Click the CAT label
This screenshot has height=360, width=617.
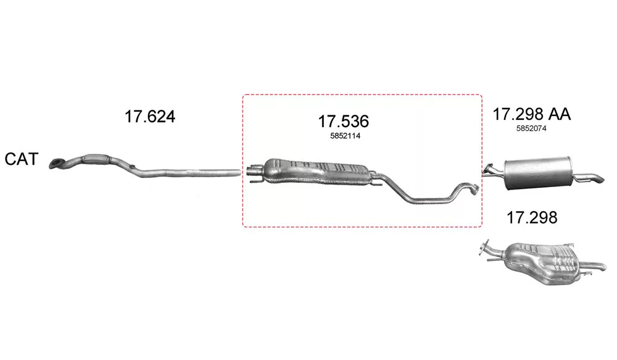[21, 159]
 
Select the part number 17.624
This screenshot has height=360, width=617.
[150, 116]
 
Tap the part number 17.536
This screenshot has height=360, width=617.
[344, 121]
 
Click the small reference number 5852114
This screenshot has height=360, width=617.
[345, 136]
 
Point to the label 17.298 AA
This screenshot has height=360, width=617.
[532, 114]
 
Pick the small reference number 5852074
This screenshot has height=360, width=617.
[531, 128]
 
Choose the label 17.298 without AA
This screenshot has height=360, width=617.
[532, 217]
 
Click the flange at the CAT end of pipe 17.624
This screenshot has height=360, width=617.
[57, 164]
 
